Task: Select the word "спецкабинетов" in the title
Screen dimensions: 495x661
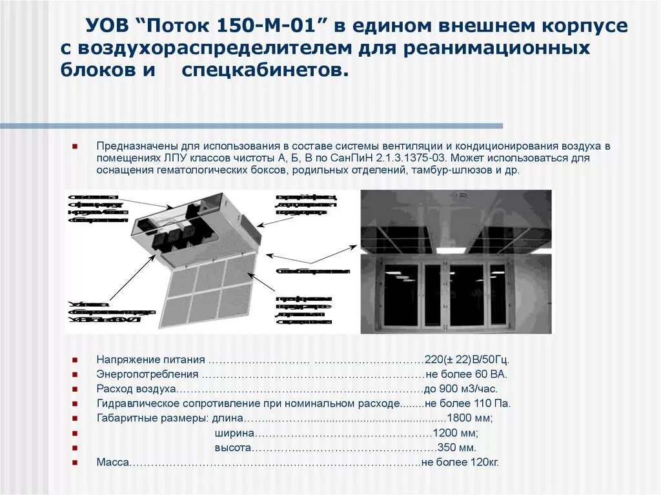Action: pyautogui.click(x=260, y=70)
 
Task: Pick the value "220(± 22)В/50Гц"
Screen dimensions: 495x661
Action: pyautogui.click(x=467, y=360)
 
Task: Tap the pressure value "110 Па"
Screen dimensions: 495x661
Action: pyautogui.click(x=496, y=404)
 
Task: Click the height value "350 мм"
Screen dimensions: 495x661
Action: pyautogui.click(x=456, y=448)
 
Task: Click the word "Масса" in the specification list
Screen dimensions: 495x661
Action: pyautogui.click(x=113, y=463)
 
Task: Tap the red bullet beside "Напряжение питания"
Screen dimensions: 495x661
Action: pyautogui.click(x=76, y=360)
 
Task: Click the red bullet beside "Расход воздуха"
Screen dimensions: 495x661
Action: pyautogui.click(x=76, y=389)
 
